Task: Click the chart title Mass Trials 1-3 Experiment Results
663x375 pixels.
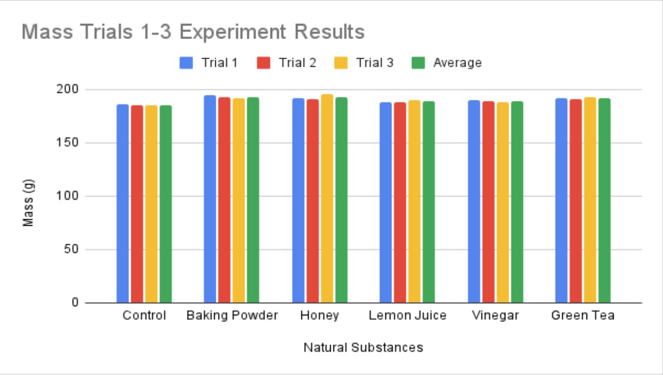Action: point(193,32)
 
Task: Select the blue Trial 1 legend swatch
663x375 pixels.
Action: point(186,63)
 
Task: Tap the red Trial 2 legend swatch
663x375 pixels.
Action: point(263,63)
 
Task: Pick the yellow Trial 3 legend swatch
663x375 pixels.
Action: point(340,63)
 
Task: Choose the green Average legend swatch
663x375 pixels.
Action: point(418,63)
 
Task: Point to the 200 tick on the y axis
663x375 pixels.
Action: point(67,89)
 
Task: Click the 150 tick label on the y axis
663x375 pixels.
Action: point(67,143)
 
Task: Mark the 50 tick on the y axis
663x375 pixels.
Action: point(71,250)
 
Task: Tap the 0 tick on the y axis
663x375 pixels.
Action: point(75,302)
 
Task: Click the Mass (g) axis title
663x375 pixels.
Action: point(28,203)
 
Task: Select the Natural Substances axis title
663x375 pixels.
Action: point(363,347)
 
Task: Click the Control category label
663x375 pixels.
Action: point(144,315)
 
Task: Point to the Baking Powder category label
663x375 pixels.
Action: point(232,315)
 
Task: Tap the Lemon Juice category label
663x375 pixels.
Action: point(408,315)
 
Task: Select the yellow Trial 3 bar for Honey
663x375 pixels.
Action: point(327,199)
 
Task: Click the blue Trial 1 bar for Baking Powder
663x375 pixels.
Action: point(210,199)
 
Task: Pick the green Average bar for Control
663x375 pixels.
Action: point(166,204)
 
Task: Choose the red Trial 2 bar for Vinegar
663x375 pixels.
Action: point(488,202)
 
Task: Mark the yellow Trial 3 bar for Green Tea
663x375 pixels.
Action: point(590,200)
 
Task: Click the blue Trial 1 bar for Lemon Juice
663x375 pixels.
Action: point(385,202)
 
